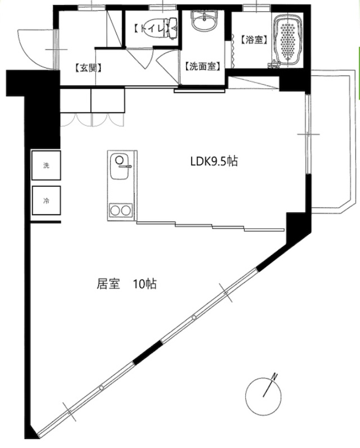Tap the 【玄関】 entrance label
[88, 68]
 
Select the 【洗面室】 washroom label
[202, 66]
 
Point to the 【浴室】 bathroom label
[254, 39]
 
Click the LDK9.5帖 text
[214, 161]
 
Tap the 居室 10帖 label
[127, 284]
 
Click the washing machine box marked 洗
[46, 165]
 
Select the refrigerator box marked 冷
[46, 201]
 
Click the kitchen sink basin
[120, 167]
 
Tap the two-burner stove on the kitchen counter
[121, 211]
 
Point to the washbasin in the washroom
[204, 21]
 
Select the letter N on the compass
[274, 376]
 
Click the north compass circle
[263, 396]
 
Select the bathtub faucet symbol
[273, 65]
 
